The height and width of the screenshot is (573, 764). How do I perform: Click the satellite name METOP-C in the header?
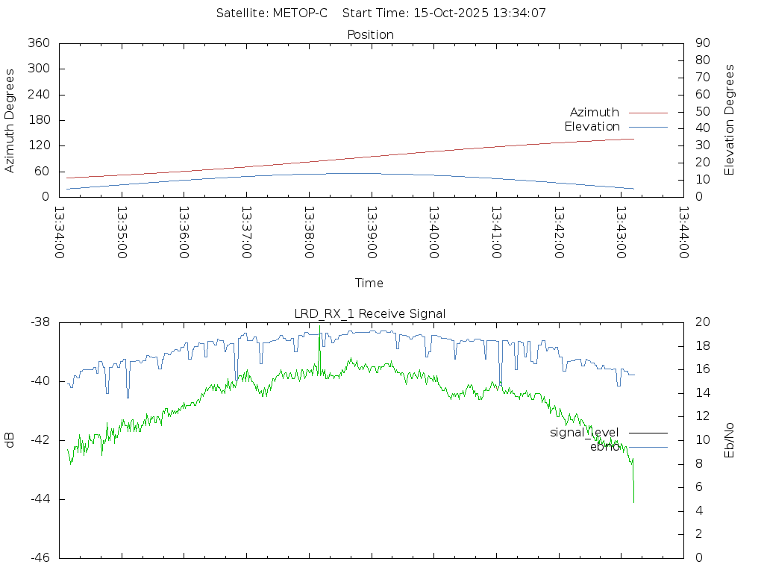pyautogui.click(x=300, y=13)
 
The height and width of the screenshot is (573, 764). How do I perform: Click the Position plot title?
pyautogui.click(x=371, y=34)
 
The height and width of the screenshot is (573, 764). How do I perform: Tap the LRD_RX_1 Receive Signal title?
pyautogui.click(x=370, y=313)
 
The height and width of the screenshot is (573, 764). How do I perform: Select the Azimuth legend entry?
pyautogui.click(x=595, y=112)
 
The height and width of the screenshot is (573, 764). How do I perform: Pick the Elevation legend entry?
pyautogui.click(x=592, y=127)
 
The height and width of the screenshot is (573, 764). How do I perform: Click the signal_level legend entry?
pyautogui.click(x=584, y=433)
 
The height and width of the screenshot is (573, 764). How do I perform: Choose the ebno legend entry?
pyautogui.click(x=604, y=447)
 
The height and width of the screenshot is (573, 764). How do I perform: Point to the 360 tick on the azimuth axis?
pyautogui.click(x=39, y=43)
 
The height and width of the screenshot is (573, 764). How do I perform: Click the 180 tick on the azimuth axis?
pyautogui.click(x=39, y=120)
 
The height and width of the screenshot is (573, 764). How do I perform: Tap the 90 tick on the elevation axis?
pyautogui.click(x=701, y=43)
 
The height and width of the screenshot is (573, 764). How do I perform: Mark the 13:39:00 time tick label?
pyautogui.click(x=372, y=233)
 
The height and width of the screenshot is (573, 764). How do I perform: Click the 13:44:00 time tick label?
pyautogui.click(x=683, y=233)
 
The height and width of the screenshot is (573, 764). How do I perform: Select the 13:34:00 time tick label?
pyautogui.click(x=60, y=233)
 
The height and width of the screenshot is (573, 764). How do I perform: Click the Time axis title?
pyautogui.click(x=369, y=284)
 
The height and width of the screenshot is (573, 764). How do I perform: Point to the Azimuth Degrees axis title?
pyautogui.click(x=10, y=120)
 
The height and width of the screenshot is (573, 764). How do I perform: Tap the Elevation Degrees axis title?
pyautogui.click(x=730, y=120)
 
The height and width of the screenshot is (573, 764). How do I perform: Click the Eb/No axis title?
pyautogui.click(x=730, y=440)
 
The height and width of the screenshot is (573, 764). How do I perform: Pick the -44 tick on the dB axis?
pyautogui.click(x=40, y=499)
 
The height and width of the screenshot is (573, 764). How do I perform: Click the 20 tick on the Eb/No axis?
pyautogui.click(x=701, y=322)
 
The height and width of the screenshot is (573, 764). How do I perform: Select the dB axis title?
pyautogui.click(x=10, y=440)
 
